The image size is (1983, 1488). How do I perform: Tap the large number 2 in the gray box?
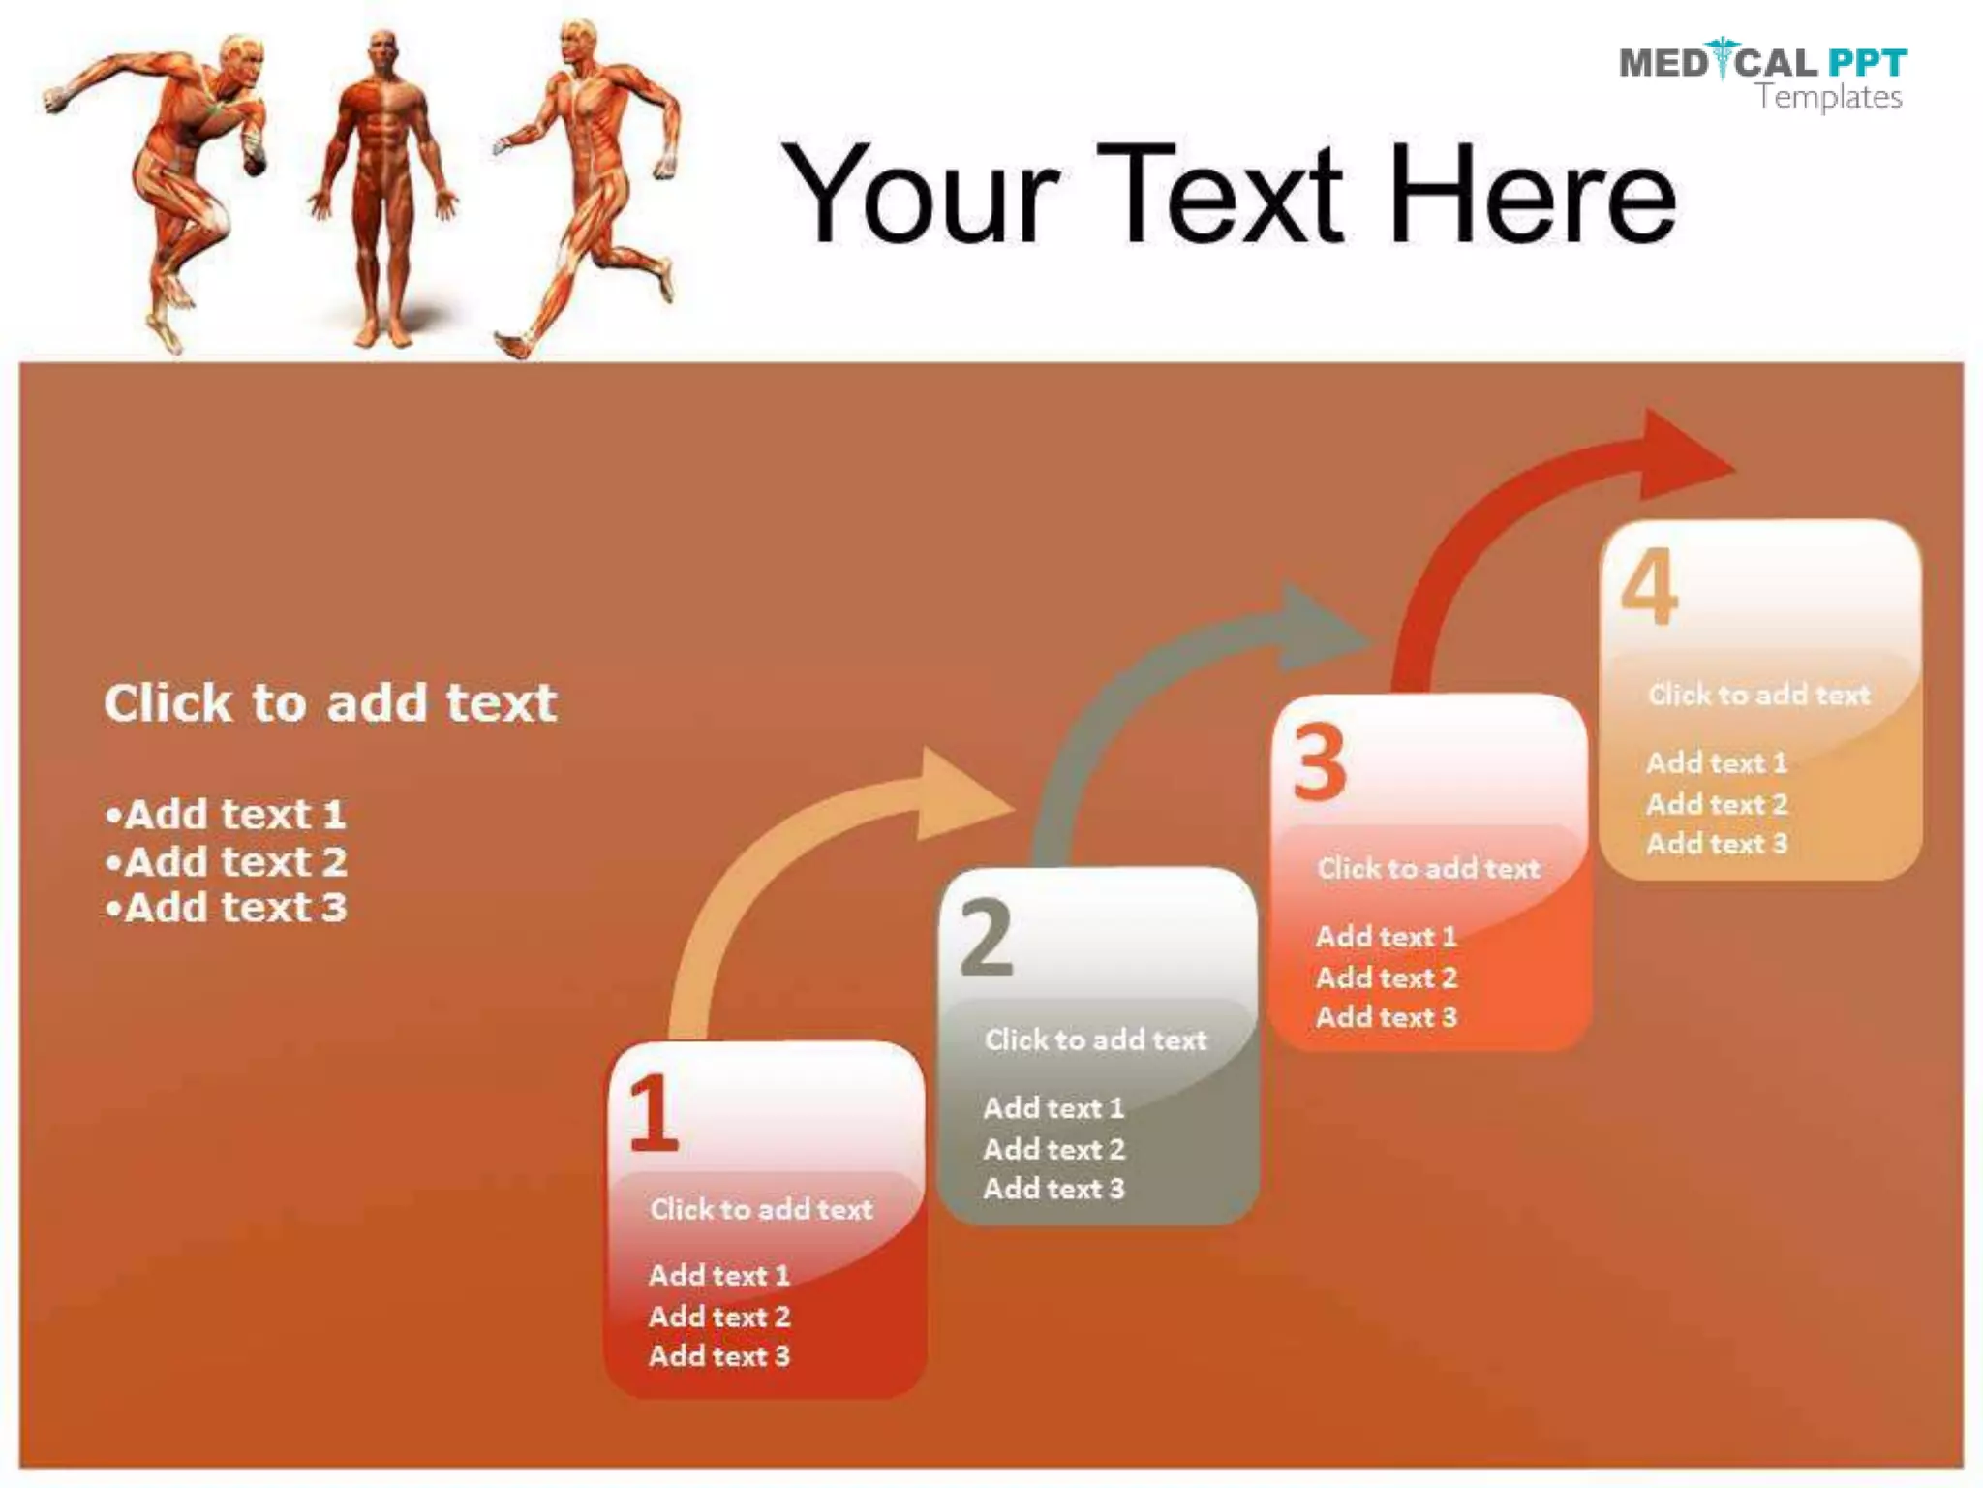987,937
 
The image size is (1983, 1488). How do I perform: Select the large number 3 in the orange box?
1320,763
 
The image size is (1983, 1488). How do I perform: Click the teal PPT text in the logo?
1867,63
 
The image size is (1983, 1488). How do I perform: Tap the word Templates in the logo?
1829,97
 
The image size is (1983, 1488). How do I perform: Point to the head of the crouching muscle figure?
242,60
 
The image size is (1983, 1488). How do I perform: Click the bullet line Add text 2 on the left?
227,861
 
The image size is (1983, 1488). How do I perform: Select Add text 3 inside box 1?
719,1355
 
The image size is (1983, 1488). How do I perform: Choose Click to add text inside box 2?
1095,1039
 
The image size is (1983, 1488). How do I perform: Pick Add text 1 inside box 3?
1386,937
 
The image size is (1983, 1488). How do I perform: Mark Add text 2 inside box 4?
1717,804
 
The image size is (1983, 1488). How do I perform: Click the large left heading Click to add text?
330,702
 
